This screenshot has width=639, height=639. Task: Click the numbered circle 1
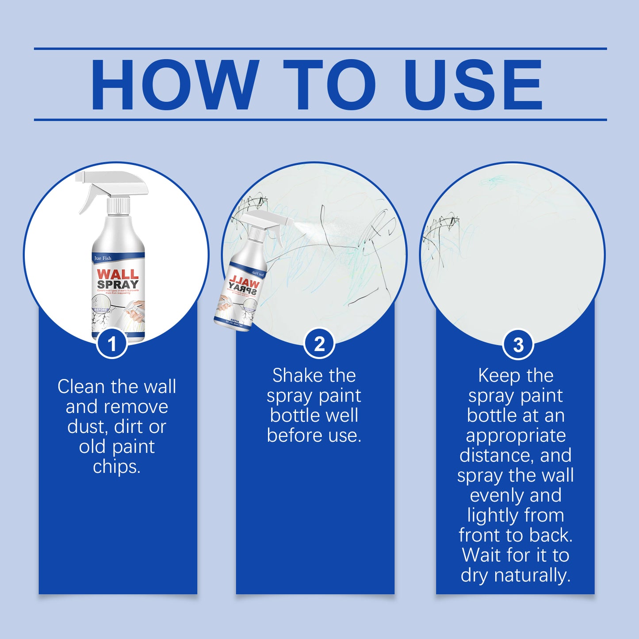tap(112, 344)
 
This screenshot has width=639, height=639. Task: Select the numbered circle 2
tap(319, 344)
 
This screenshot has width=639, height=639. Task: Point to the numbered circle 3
tap(518, 344)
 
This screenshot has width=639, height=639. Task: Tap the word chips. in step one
tap(117, 467)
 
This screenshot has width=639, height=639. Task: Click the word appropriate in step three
tap(516, 436)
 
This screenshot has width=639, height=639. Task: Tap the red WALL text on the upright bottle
tap(118, 274)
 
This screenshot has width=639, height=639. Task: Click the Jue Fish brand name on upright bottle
tap(103, 258)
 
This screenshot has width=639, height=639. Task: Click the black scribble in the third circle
tap(440, 230)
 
